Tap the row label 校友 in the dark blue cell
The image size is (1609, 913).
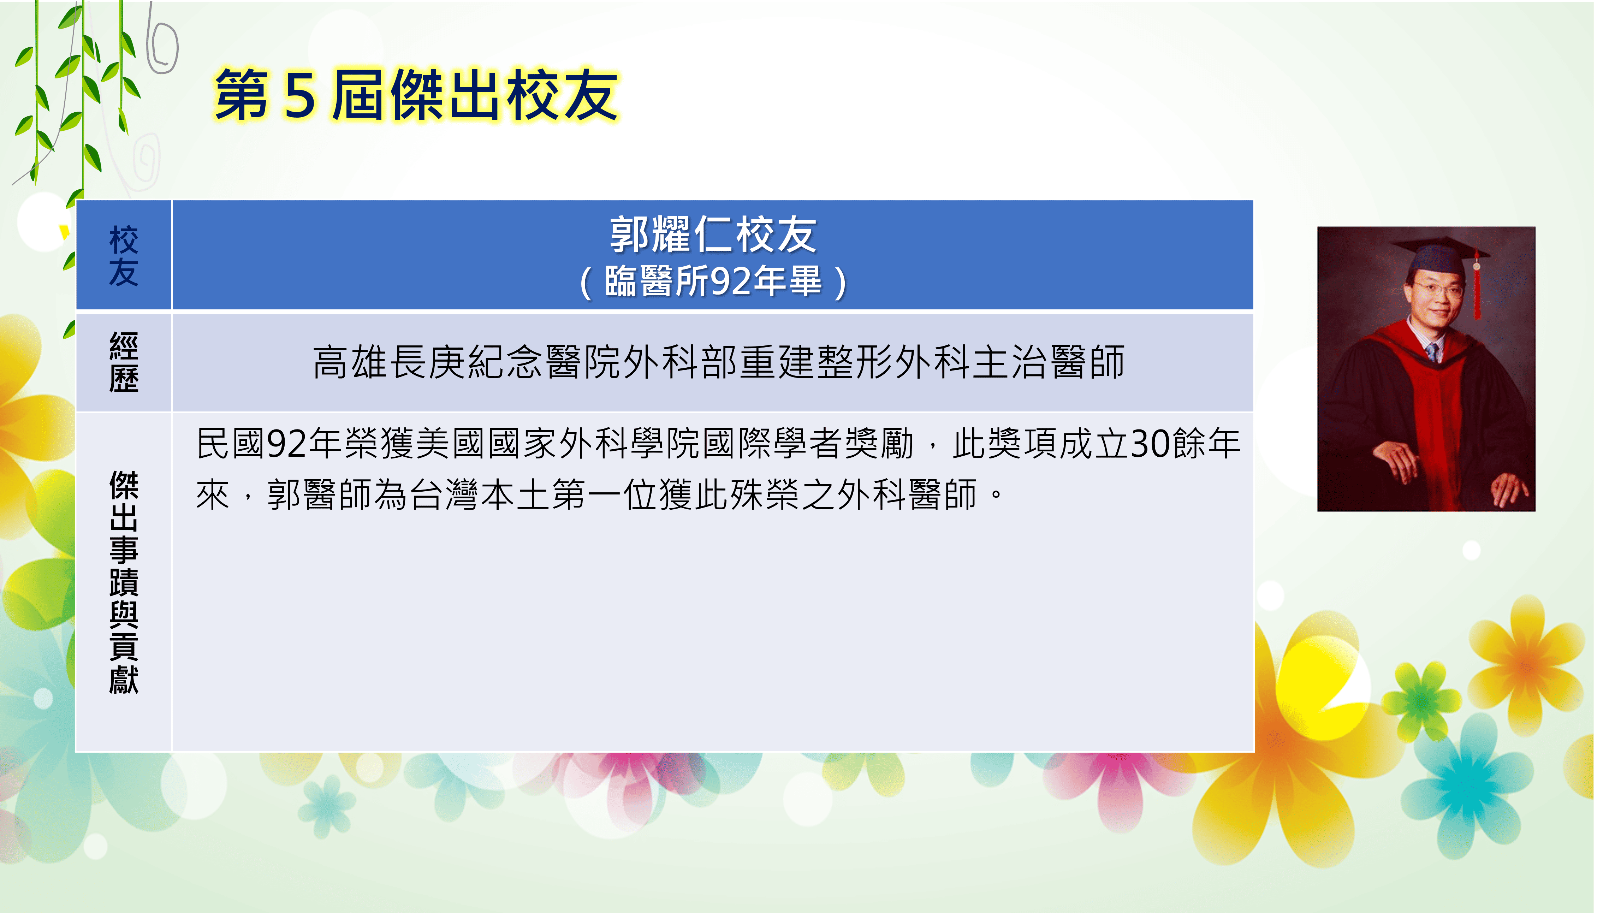coord(124,256)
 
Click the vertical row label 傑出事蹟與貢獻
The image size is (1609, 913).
coord(124,582)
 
